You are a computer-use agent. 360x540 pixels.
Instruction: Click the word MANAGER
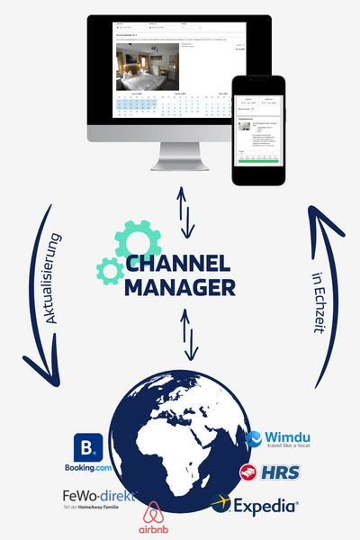coord(180,288)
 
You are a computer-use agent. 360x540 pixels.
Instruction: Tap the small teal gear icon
coord(110,270)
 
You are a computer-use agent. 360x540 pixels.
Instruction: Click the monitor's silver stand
coord(181,160)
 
